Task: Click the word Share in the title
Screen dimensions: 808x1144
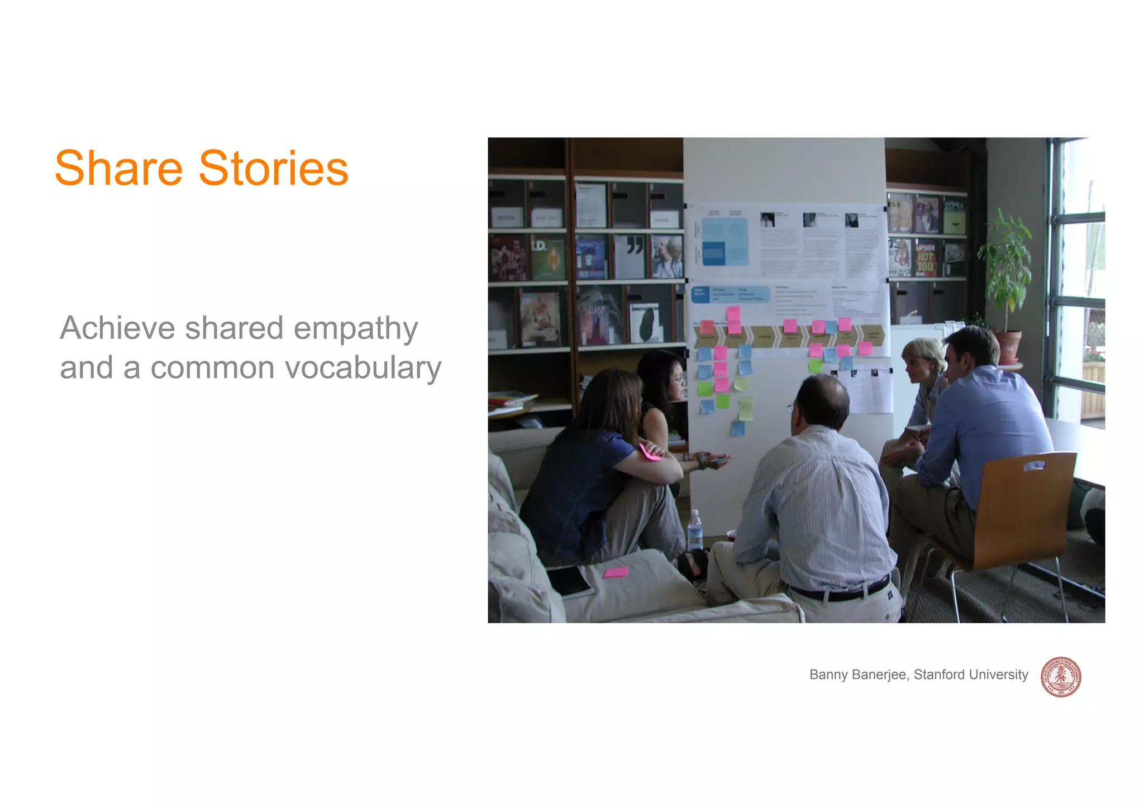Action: click(118, 169)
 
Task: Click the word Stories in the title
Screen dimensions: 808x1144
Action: click(273, 169)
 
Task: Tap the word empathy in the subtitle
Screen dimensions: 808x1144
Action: click(355, 329)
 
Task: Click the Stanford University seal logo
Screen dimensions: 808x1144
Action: click(1060, 677)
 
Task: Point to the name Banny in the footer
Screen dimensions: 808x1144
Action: click(829, 675)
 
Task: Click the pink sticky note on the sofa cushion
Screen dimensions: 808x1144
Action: click(616, 572)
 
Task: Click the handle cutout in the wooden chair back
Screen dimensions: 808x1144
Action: click(1035, 465)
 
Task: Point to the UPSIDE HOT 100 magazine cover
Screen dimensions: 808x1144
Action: click(925, 259)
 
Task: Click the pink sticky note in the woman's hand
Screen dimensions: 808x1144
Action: click(649, 452)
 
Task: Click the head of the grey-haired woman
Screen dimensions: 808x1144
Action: click(922, 357)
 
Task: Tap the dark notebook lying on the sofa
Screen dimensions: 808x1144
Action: click(568, 581)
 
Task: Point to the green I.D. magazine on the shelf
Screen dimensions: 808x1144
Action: click(547, 259)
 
